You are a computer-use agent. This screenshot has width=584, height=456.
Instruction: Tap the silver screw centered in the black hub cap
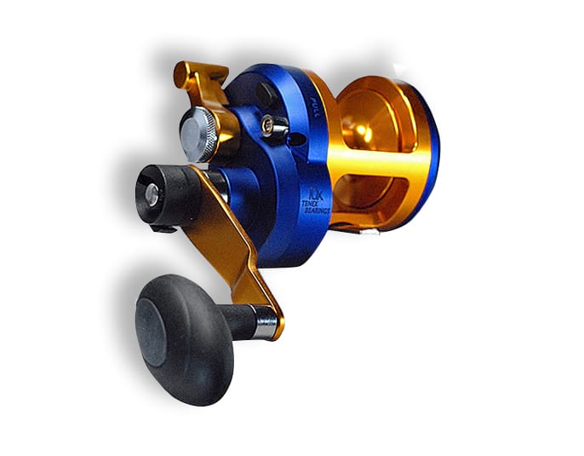[x=152, y=194]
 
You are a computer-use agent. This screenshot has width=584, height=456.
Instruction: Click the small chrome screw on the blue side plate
[x=274, y=125]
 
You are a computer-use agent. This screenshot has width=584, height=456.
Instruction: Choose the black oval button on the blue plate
[x=264, y=91]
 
